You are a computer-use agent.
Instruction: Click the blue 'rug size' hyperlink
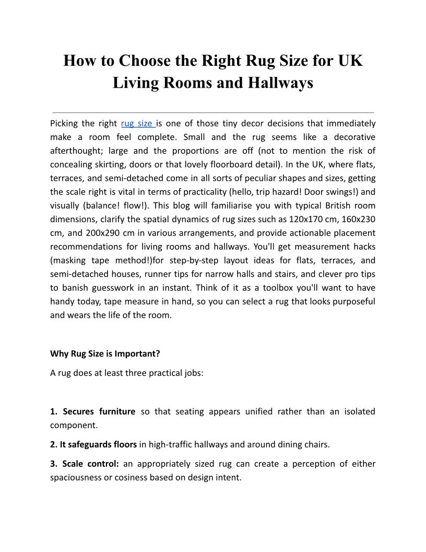click(137, 124)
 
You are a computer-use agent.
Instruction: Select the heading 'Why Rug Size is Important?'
click(105, 353)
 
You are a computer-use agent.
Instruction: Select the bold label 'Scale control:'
click(90, 464)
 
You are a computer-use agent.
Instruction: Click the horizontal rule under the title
click(213, 112)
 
